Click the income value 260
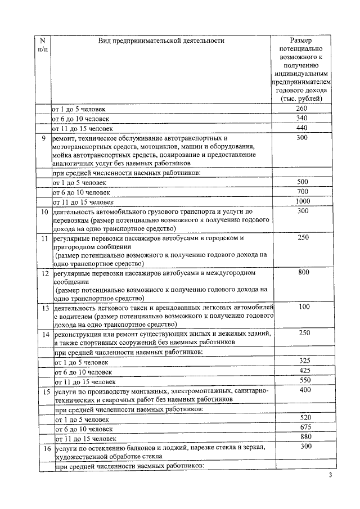pyautogui.click(x=301, y=109)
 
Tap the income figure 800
pyautogui.click(x=303, y=273)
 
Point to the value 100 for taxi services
pyautogui.click(x=304, y=307)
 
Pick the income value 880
pyautogui.click(x=304, y=438)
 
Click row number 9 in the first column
pyautogui.click(x=43, y=138)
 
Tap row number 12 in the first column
pyautogui.click(x=44, y=273)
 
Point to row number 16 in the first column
pyautogui.click(x=46, y=448)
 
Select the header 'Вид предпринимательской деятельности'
pyautogui.click(x=161, y=40)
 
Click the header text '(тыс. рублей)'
pyautogui.click(x=301, y=98)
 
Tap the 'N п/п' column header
pyautogui.click(x=42, y=45)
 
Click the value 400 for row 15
pyautogui.click(x=304, y=390)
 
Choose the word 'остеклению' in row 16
pyautogui.click(x=109, y=448)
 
